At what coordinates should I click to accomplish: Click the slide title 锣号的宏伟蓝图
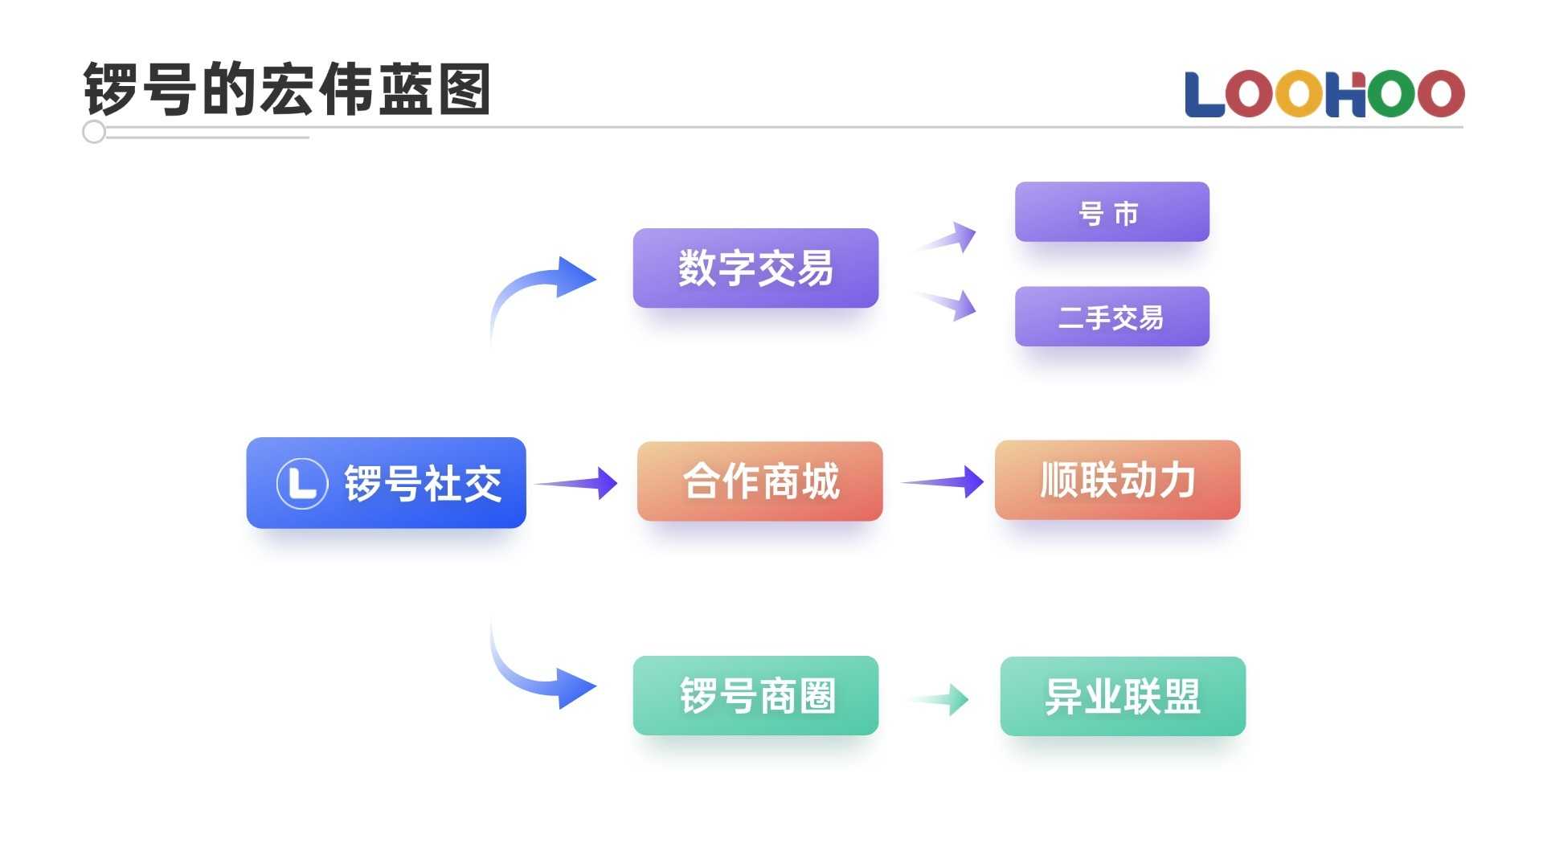click(x=287, y=88)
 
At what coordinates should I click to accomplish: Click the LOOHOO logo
click(x=1324, y=94)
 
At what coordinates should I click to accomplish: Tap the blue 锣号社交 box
click(x=387, y=483)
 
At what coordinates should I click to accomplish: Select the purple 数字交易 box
click(x=755, y=268)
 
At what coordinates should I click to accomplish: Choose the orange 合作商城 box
click(x=759, y=481)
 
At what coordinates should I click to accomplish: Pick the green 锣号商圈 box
click(x=755, y=695)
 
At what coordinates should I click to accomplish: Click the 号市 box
click(x=1112, y=212)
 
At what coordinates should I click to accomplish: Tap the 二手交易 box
click(x=1112, y=317)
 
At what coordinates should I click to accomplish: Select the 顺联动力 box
click(x=1118, y=480)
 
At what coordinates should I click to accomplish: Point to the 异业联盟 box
click(x=1123, y=696)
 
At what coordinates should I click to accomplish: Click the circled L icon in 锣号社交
click(x=302, y=483)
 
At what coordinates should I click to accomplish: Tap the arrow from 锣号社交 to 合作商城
click(x=576, y=483)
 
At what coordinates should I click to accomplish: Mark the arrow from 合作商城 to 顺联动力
click(x=943, y=481)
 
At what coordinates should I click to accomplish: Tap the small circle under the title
click(x=94, y=132)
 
